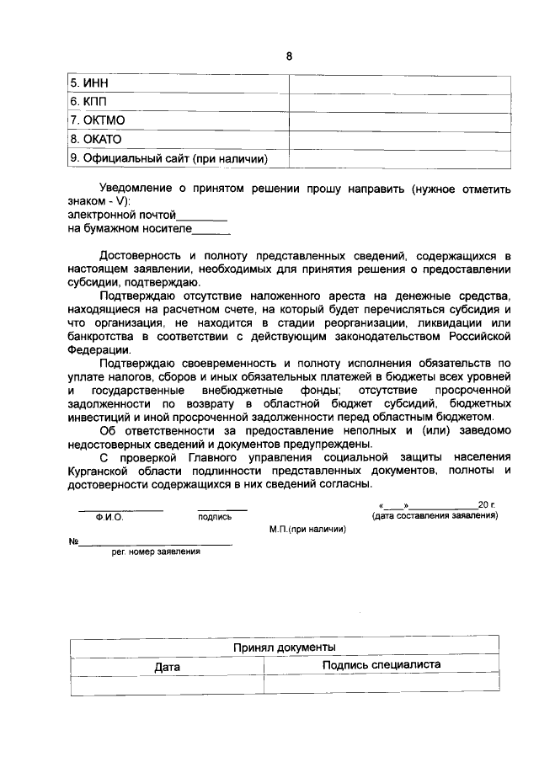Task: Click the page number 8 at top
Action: click(x=288, y=56)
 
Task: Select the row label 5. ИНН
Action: click(x=88, y=83)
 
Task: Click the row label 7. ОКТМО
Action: click(x=97, y=120)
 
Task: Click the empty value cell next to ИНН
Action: click(x=400, y=83)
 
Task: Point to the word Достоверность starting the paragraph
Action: click(x=141, y=254)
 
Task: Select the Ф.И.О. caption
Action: click(x=109, y=518)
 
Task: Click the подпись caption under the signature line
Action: click(x=215, y=518)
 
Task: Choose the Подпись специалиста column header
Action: click(x=382, y=665)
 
